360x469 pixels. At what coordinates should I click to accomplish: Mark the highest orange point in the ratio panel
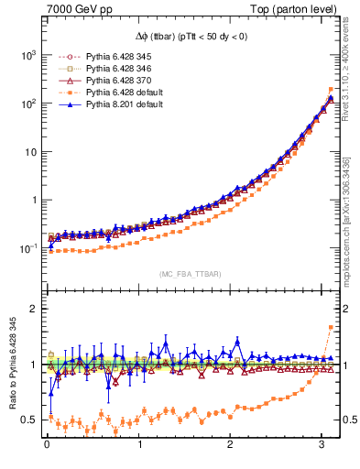click(x=331, y=328)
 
